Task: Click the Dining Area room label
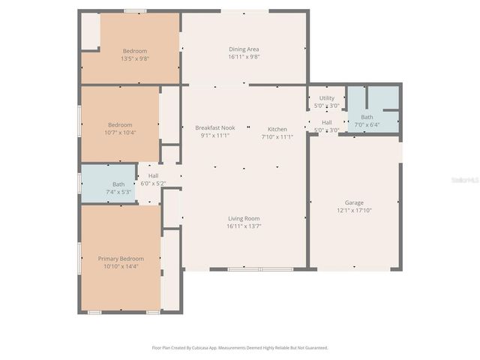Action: [244, 49]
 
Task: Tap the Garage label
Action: [354, 202]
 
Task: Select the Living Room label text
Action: [244, 218]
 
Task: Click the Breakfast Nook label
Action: [214, 127]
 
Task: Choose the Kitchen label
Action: [277, 128]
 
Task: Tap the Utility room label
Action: [326, 98]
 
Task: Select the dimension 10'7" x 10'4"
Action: [120, 133]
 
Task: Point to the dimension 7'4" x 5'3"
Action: [118, 192]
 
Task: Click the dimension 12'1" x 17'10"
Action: [354, 211]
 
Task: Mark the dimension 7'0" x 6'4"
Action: [367, 124]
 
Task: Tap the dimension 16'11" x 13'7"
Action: [244, 226]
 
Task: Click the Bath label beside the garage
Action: [367, 117]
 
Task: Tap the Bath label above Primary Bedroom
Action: [118, 184]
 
